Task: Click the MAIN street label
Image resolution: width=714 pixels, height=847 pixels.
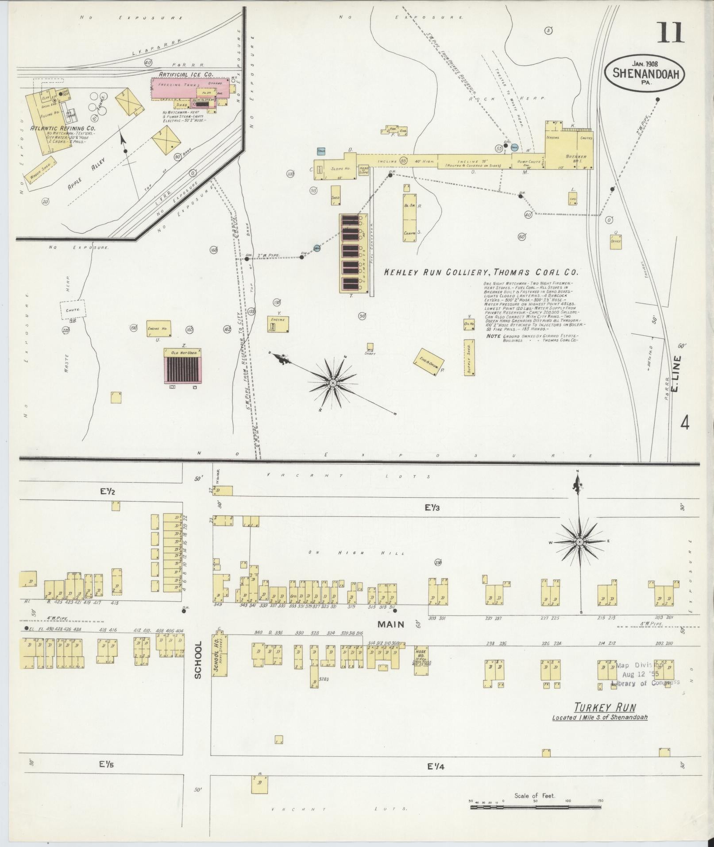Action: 391,624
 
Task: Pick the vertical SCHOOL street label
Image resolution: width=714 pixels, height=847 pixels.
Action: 197,660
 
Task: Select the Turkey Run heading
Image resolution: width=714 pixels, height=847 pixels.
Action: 604,707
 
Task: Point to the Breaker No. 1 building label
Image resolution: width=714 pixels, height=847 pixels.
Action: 576,157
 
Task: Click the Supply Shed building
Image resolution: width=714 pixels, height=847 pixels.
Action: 469,357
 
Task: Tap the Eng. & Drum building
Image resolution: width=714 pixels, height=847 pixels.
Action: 428,361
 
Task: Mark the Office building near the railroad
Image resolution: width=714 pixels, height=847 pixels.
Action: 616,241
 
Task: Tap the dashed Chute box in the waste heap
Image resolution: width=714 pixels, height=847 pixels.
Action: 73,310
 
